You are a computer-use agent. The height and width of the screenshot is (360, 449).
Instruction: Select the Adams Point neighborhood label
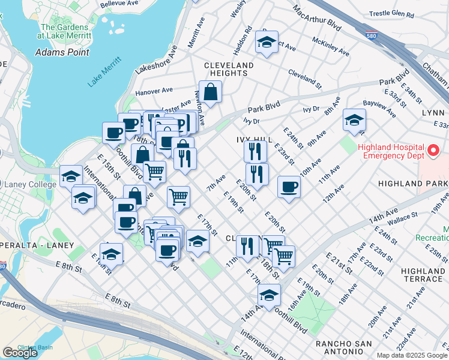coord(62,52)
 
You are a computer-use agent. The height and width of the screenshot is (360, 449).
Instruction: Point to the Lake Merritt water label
coord(104,73)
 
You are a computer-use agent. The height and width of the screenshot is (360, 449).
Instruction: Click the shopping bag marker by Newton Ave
coord(210,92)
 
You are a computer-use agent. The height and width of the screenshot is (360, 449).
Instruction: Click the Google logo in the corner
coord(20,353)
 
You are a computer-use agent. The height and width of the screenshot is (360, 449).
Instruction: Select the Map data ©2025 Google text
coord(411,355)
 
